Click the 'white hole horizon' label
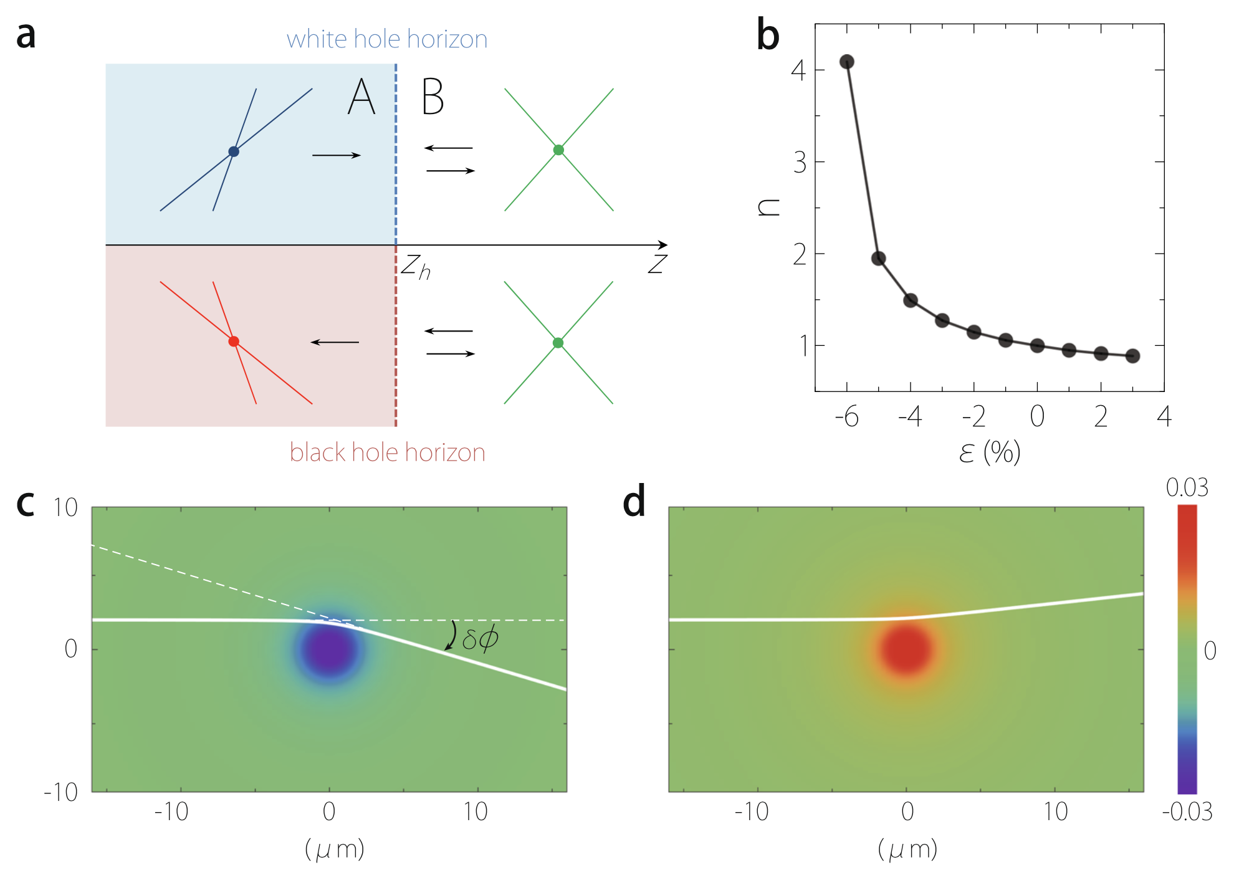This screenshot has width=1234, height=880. (386, 39)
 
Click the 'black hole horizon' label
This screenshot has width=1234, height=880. (387, 452)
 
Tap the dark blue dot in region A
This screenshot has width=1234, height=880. (234, 151)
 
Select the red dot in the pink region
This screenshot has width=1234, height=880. (234, 342)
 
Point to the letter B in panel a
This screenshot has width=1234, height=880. (433, 97)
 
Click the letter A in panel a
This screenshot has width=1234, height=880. (361, 97)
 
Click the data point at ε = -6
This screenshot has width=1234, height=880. (846, 62)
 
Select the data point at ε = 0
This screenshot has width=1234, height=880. (1037, 346)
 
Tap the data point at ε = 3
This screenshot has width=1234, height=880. (1133, 356)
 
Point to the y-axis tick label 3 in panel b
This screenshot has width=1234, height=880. (800, 163)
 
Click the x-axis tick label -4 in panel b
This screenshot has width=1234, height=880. (910, 416)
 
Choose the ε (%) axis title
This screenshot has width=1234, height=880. (990, 452)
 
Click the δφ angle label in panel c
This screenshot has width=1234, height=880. (480, 638)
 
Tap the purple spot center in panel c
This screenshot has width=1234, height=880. (328, 649)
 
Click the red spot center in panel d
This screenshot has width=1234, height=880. (906, 649)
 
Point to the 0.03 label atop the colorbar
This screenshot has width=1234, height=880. (1187, 488)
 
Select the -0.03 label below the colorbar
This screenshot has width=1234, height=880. (1187, 811)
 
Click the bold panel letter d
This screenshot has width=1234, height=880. (634, 502)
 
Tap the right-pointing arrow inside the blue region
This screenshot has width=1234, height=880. (337, 155)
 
